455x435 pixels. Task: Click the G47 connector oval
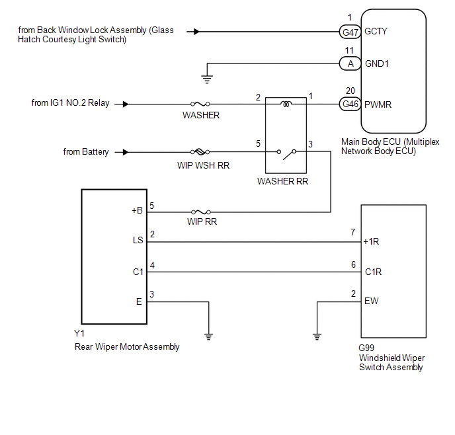[350, 32]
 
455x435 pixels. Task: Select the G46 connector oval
[350, 104]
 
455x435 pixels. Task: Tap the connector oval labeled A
[350, 63]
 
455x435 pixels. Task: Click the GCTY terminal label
[376, 31]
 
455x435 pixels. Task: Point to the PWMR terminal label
[378, 104]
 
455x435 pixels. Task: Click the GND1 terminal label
[377, 63]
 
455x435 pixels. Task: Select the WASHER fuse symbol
[200, 104]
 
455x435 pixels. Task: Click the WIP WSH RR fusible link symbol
[200, 151]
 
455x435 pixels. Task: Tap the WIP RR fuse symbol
[201, 212]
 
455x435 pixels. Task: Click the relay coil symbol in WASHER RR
[286, 104]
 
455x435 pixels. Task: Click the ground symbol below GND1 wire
[207, 79]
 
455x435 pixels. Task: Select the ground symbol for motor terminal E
[208, 337]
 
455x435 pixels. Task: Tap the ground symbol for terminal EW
[317, 337]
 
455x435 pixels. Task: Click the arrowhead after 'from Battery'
[126, 152]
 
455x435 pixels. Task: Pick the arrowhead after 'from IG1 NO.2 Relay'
[126, 104]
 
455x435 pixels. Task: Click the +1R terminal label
[371, 241]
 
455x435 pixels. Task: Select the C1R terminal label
[373, 272]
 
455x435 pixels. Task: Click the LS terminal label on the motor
[138, 240]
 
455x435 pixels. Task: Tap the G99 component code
[366, 348]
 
